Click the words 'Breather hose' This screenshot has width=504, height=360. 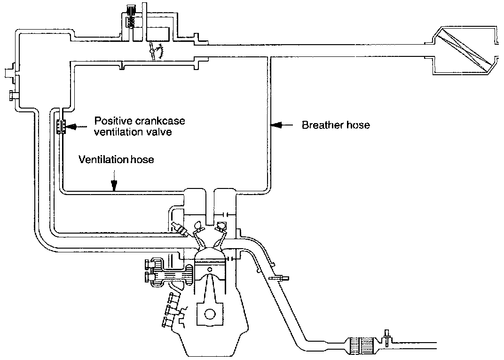pos(336,125)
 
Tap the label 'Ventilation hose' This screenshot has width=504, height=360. pos(116,160)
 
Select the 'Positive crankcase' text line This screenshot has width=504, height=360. pos(140,121)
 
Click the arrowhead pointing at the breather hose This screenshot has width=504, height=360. pos(278,125)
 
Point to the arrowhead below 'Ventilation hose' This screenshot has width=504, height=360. pos(114,187)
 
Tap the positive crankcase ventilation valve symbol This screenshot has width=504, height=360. pos(60,127)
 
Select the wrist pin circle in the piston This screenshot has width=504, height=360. pos(210,269)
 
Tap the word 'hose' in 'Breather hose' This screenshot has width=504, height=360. pos(358,125)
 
